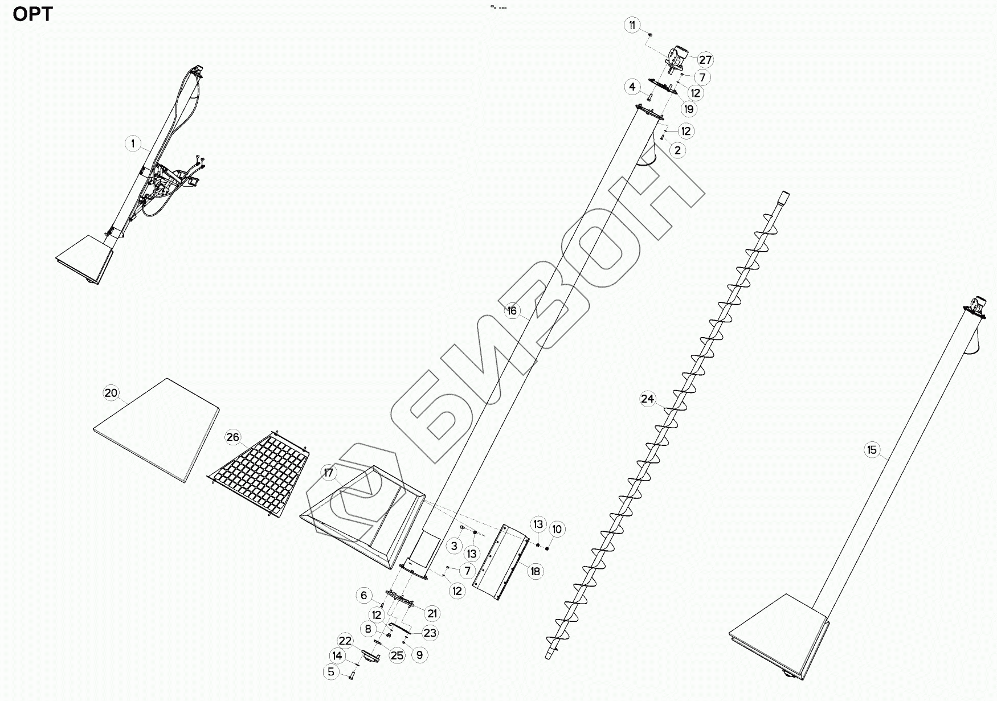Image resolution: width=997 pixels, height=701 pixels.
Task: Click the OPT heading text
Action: (32, 14)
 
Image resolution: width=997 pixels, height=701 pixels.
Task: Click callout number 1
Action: (133, 144)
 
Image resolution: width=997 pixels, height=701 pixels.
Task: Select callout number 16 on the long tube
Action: (512, 310)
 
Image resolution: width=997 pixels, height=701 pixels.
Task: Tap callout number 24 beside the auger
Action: (647, 399)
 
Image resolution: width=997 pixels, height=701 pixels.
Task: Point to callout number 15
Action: (872, 450)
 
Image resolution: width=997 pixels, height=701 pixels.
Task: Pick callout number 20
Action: (111, 393)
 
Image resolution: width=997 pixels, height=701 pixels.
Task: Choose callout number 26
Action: (233, 437)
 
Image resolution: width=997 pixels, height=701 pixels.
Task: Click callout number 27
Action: (705, 60)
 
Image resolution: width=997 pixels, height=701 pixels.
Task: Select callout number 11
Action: (632, 25)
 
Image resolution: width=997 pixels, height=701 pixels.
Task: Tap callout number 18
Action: (536, 571)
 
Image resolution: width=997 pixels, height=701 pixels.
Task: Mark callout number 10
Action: (557, 529)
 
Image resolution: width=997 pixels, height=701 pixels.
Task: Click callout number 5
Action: (331, 672)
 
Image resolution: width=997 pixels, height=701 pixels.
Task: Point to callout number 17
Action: (329, 473)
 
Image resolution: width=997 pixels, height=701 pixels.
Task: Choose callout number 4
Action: (632, 87)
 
